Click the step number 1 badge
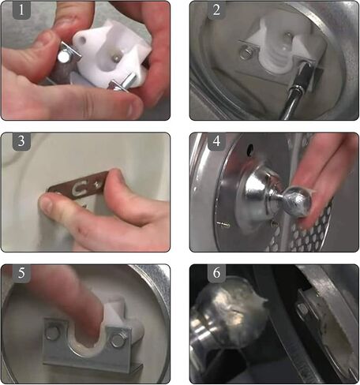pyautogui.click(x=21, y=10)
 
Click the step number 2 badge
pyautogui.click(x=216, y=10)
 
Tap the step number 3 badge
pyautogui.click(x=21, y=141)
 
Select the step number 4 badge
pyautogui.click(x=216, y=141)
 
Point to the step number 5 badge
pyautogui.click(x=21, y=273)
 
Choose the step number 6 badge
pyautogui.click(x=216, y=273)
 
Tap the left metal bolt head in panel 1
pyautogui.click(x=63, y=57)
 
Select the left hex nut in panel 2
pyautogui.click(x=245, y=52)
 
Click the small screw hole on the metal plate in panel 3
pyautogui.click(x=98, y=184)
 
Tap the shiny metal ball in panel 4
pyautogui.click(x=299, y=201)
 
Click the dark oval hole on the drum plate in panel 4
pyautogui.click(x=250, y=148)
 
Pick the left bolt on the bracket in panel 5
pyautogui.click(x=51, y=334)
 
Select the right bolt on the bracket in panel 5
pyautogui.click(x=118, y=340)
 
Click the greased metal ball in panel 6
pyautogui.click(x=231, y=313)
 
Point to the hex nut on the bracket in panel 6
pyautogui.click(x=302, y=309)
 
